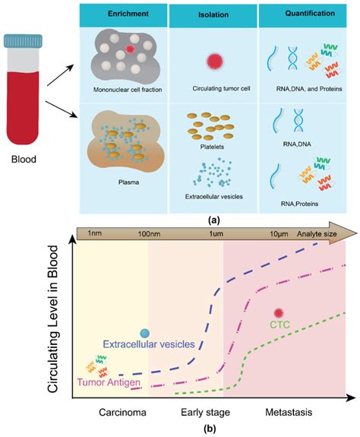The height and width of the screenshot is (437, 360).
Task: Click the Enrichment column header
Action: pos(127,14)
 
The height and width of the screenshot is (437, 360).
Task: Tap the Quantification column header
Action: pos(301,14)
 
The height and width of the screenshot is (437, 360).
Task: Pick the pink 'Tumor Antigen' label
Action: pos(107,369)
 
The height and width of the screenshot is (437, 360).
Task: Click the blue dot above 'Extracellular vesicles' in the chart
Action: pos(145,333)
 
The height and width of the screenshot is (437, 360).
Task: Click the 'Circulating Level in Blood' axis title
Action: pos(57,317)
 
